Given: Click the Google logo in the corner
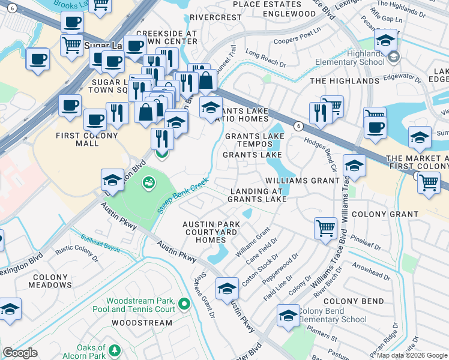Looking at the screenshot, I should [x=19, y=353].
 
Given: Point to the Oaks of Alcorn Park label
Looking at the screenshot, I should [x=91, y=352].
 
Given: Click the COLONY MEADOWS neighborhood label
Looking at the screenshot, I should [x=50, y=281].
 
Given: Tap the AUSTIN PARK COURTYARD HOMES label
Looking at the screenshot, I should [x=211, y=232].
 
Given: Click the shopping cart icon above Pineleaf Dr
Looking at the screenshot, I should [x=325, y=227].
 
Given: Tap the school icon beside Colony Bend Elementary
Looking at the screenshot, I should [x=288, y=315].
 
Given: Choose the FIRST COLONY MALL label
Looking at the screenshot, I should [x=85, y=140].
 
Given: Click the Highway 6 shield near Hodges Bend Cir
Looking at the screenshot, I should [x=298, y=125].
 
